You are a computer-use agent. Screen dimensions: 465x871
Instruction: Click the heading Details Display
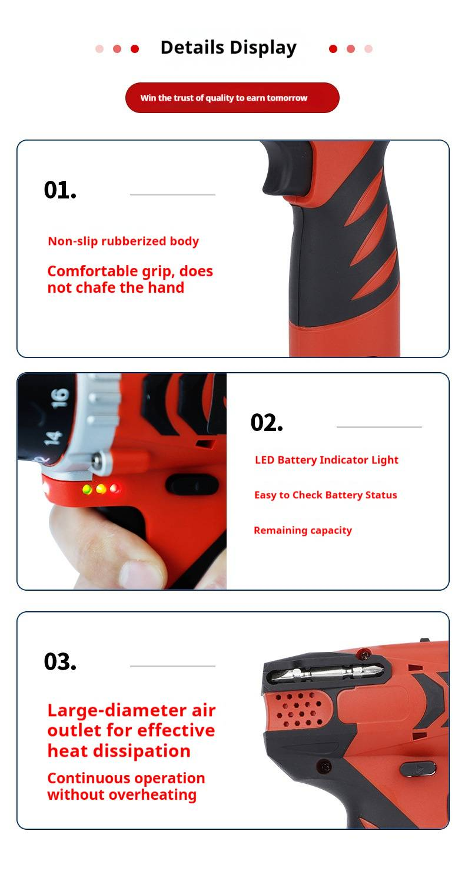tap(228, 48)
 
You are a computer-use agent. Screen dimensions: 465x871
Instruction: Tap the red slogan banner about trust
tap(232, 98)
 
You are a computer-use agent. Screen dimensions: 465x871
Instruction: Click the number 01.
tap(60, 190)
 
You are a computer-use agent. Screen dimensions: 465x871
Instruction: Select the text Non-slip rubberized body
tap(123, 241)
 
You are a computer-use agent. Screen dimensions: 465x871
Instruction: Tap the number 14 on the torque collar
tap(52, 438)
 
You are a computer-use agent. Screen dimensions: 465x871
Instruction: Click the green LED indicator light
tap(88, 489)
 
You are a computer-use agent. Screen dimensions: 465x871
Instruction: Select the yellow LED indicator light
tap(101, 489)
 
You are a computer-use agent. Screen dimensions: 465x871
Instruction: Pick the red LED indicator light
tap(115, 488)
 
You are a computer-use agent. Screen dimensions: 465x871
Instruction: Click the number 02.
tap(267, 423)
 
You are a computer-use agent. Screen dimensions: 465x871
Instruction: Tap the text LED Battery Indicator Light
tap(327, 460)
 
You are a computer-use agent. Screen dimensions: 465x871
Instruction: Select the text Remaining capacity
tap(303, 531)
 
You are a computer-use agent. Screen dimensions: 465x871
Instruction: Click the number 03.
tap(60, 662)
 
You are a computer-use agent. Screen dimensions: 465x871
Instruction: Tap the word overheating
tap(152, 795)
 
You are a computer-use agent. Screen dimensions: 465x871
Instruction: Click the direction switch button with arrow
tap(418, 769)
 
